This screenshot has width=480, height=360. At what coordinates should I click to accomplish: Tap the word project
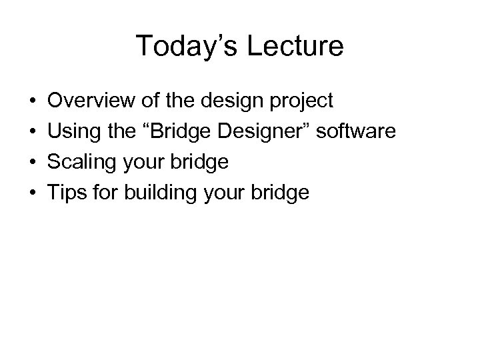[x=301, y=102]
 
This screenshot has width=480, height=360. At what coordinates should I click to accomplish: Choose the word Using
[x=73, y=132]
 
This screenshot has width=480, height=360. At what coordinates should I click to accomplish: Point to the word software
[x=356, y=131]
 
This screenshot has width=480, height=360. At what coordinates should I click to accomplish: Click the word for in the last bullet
[x=102, y=193]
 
